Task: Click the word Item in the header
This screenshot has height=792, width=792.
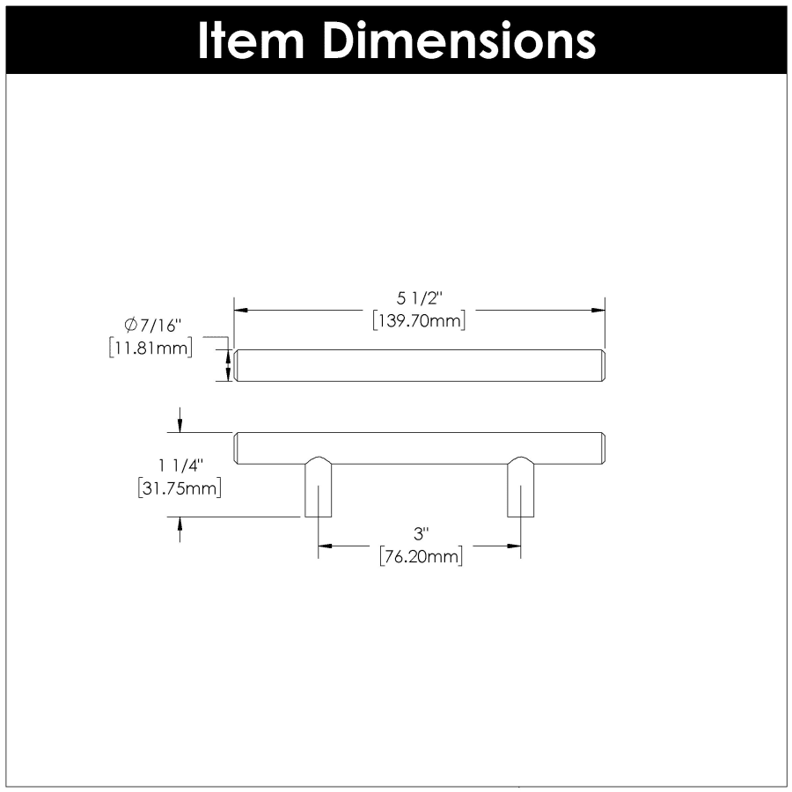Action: [x=251, y=41]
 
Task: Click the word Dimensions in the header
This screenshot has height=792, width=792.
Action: [x=459, y=41]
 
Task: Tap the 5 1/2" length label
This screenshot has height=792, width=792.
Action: [x=419, y=298]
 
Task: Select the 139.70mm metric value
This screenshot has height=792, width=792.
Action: [x=419, y=320]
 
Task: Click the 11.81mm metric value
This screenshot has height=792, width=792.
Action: [x=150, y=348]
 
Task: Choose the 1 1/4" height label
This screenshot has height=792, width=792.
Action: [x=180, y=466]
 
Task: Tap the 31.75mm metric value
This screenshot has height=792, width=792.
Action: [x=180, y=488]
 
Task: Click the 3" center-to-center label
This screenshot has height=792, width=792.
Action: [x=421, y=533]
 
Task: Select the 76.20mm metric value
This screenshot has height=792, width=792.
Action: [x=421, y=557]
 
